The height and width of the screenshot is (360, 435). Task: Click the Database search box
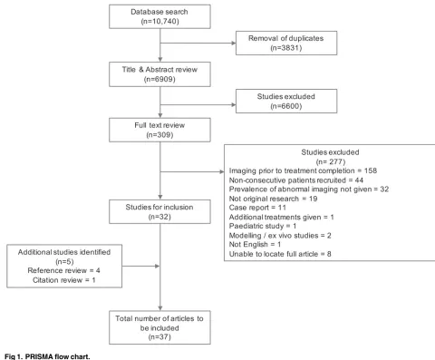(x=159, y=16)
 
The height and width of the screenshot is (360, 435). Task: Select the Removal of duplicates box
(x=286, y=43)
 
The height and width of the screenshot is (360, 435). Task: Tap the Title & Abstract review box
(x=159, y=74)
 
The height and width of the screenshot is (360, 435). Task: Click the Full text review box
(x=159, y=130)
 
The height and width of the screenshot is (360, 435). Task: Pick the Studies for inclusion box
(x=159, y=211)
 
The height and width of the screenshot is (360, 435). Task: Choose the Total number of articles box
(x=159, y=327)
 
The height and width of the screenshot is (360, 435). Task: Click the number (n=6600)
(x=286, y=106)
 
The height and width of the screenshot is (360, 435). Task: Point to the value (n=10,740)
(x=159, y=22)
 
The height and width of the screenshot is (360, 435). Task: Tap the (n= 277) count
(x=331, y=161)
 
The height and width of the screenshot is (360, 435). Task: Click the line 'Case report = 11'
(x=257, y=208)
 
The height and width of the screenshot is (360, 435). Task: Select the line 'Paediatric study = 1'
(x=263, y=226)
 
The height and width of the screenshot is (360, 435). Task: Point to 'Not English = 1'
(x=255, y=244)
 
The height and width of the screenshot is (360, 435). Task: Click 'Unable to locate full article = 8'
(x=280, y=254)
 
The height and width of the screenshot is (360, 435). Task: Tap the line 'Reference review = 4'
(x=63, y=270)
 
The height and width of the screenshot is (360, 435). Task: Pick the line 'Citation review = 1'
(x=64, y=280)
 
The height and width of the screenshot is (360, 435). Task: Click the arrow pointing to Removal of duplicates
(x=198, y=44)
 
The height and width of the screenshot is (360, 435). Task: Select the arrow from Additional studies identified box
(x=140, y=267)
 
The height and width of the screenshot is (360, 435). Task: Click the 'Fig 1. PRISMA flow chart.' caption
(x=47, y=356)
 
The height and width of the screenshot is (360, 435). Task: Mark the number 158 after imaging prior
(x=371, y=170)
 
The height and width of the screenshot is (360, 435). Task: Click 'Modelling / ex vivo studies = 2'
(x=280, y=236)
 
